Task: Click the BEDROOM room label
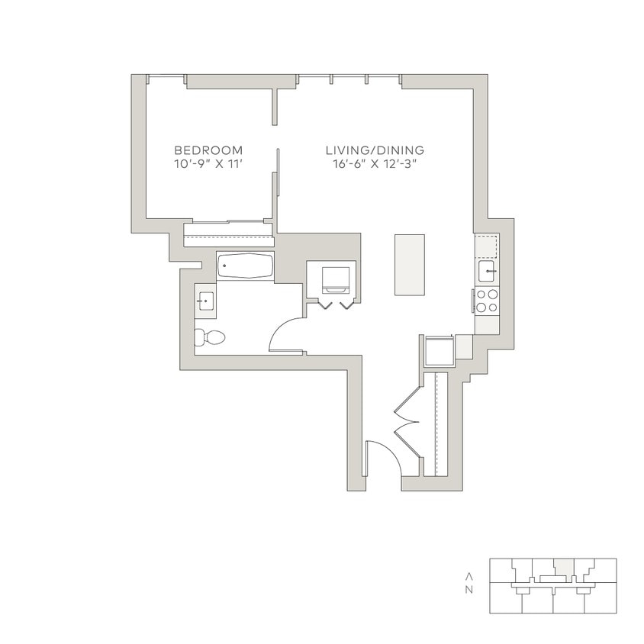[208, 150]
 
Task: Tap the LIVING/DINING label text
[375, 150]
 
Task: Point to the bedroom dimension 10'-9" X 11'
[208, 164]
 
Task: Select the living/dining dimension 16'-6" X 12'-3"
[375, 164]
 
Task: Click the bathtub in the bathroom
[245, 266]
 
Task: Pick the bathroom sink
[204, 301]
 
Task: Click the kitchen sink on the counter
[488, 271]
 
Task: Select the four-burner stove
[488, 301]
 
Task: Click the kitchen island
[409, 265]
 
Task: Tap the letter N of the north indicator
[470, 590]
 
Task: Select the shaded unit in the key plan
[562, 567]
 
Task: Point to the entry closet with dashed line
[440, 423]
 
